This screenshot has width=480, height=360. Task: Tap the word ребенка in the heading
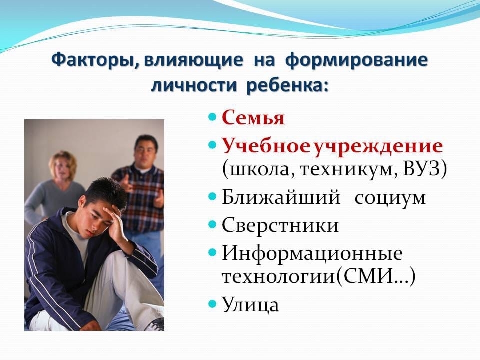[287, 85]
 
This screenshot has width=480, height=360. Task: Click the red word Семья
[253, 118]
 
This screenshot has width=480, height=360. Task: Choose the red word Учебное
[264, 146]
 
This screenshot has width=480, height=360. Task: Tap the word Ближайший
[281, 197]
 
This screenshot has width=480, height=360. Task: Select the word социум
[390, 198]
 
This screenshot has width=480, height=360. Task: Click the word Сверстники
[280, 226]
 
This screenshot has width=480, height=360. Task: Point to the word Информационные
[312, 254]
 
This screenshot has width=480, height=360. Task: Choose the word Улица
[250, 305]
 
